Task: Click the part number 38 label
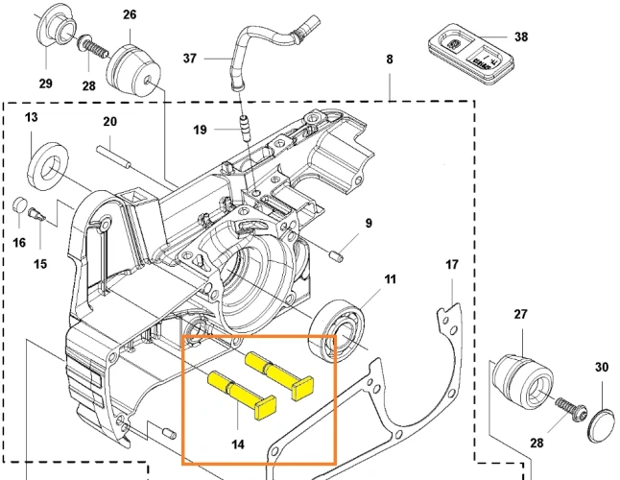pos(520,37)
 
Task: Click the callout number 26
pos(129,14)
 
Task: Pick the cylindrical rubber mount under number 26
pos(131,67)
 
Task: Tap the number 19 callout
pos(200,129)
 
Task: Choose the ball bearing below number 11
pos(342,329)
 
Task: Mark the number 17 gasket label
pos(452,264)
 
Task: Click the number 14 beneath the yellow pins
pos(237,444)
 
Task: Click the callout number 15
pos(40,263)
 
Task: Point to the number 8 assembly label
pos(389,60)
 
